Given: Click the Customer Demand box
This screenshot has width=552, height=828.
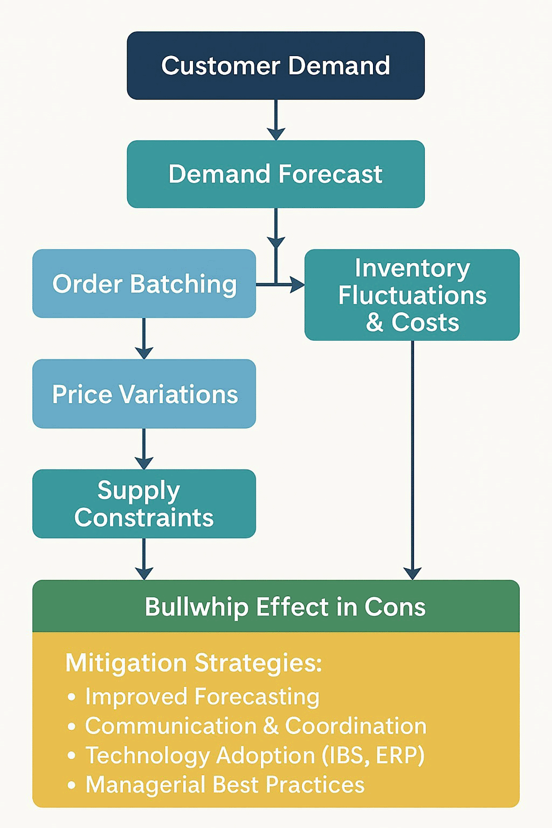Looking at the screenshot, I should (276, 65).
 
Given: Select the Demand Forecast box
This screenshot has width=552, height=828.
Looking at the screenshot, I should (276, 174).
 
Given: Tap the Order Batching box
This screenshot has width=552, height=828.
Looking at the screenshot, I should (144, 284).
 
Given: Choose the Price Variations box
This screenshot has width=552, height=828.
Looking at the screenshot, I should (144, 394).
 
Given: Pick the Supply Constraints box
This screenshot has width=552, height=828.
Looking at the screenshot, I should (144, 504).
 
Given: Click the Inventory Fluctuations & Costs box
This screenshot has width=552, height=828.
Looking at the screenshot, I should (412, 295).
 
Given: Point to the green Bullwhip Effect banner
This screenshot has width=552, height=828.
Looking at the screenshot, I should (276, 607).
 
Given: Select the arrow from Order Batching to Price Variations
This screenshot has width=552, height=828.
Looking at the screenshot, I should (144, 338).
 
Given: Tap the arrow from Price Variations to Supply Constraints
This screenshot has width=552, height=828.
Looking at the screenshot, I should (144, 449).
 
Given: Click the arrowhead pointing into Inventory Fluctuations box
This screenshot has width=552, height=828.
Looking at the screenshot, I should (297, 284).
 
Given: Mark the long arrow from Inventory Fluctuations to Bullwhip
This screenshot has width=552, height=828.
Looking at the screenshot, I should (412, 458).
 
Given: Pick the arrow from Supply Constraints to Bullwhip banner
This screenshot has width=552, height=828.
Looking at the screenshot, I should (144, 559).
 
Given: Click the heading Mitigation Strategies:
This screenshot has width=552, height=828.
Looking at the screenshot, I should (194, 663).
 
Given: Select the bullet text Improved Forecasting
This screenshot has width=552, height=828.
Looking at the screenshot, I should (202, 697).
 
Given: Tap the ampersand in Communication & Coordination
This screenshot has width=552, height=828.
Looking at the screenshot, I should (271, 726).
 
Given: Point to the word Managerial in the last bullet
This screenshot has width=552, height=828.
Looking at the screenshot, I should (145, 785).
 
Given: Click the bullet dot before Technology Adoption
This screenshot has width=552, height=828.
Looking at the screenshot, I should (72, 756).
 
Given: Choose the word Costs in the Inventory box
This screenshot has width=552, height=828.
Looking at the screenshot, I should (425, 322).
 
